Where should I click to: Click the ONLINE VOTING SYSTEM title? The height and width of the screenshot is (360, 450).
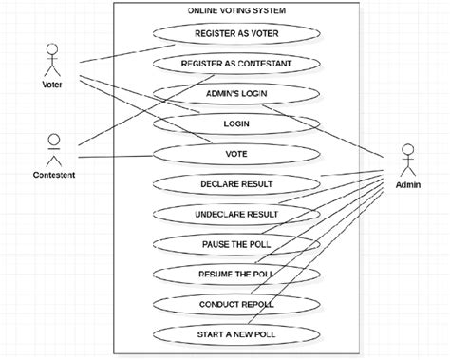coord(236,9)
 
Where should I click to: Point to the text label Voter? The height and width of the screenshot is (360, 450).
coord(52,85)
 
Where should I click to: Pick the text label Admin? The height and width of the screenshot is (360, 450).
coord(409,185)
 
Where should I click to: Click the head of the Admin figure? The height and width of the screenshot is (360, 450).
coord(408,148)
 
